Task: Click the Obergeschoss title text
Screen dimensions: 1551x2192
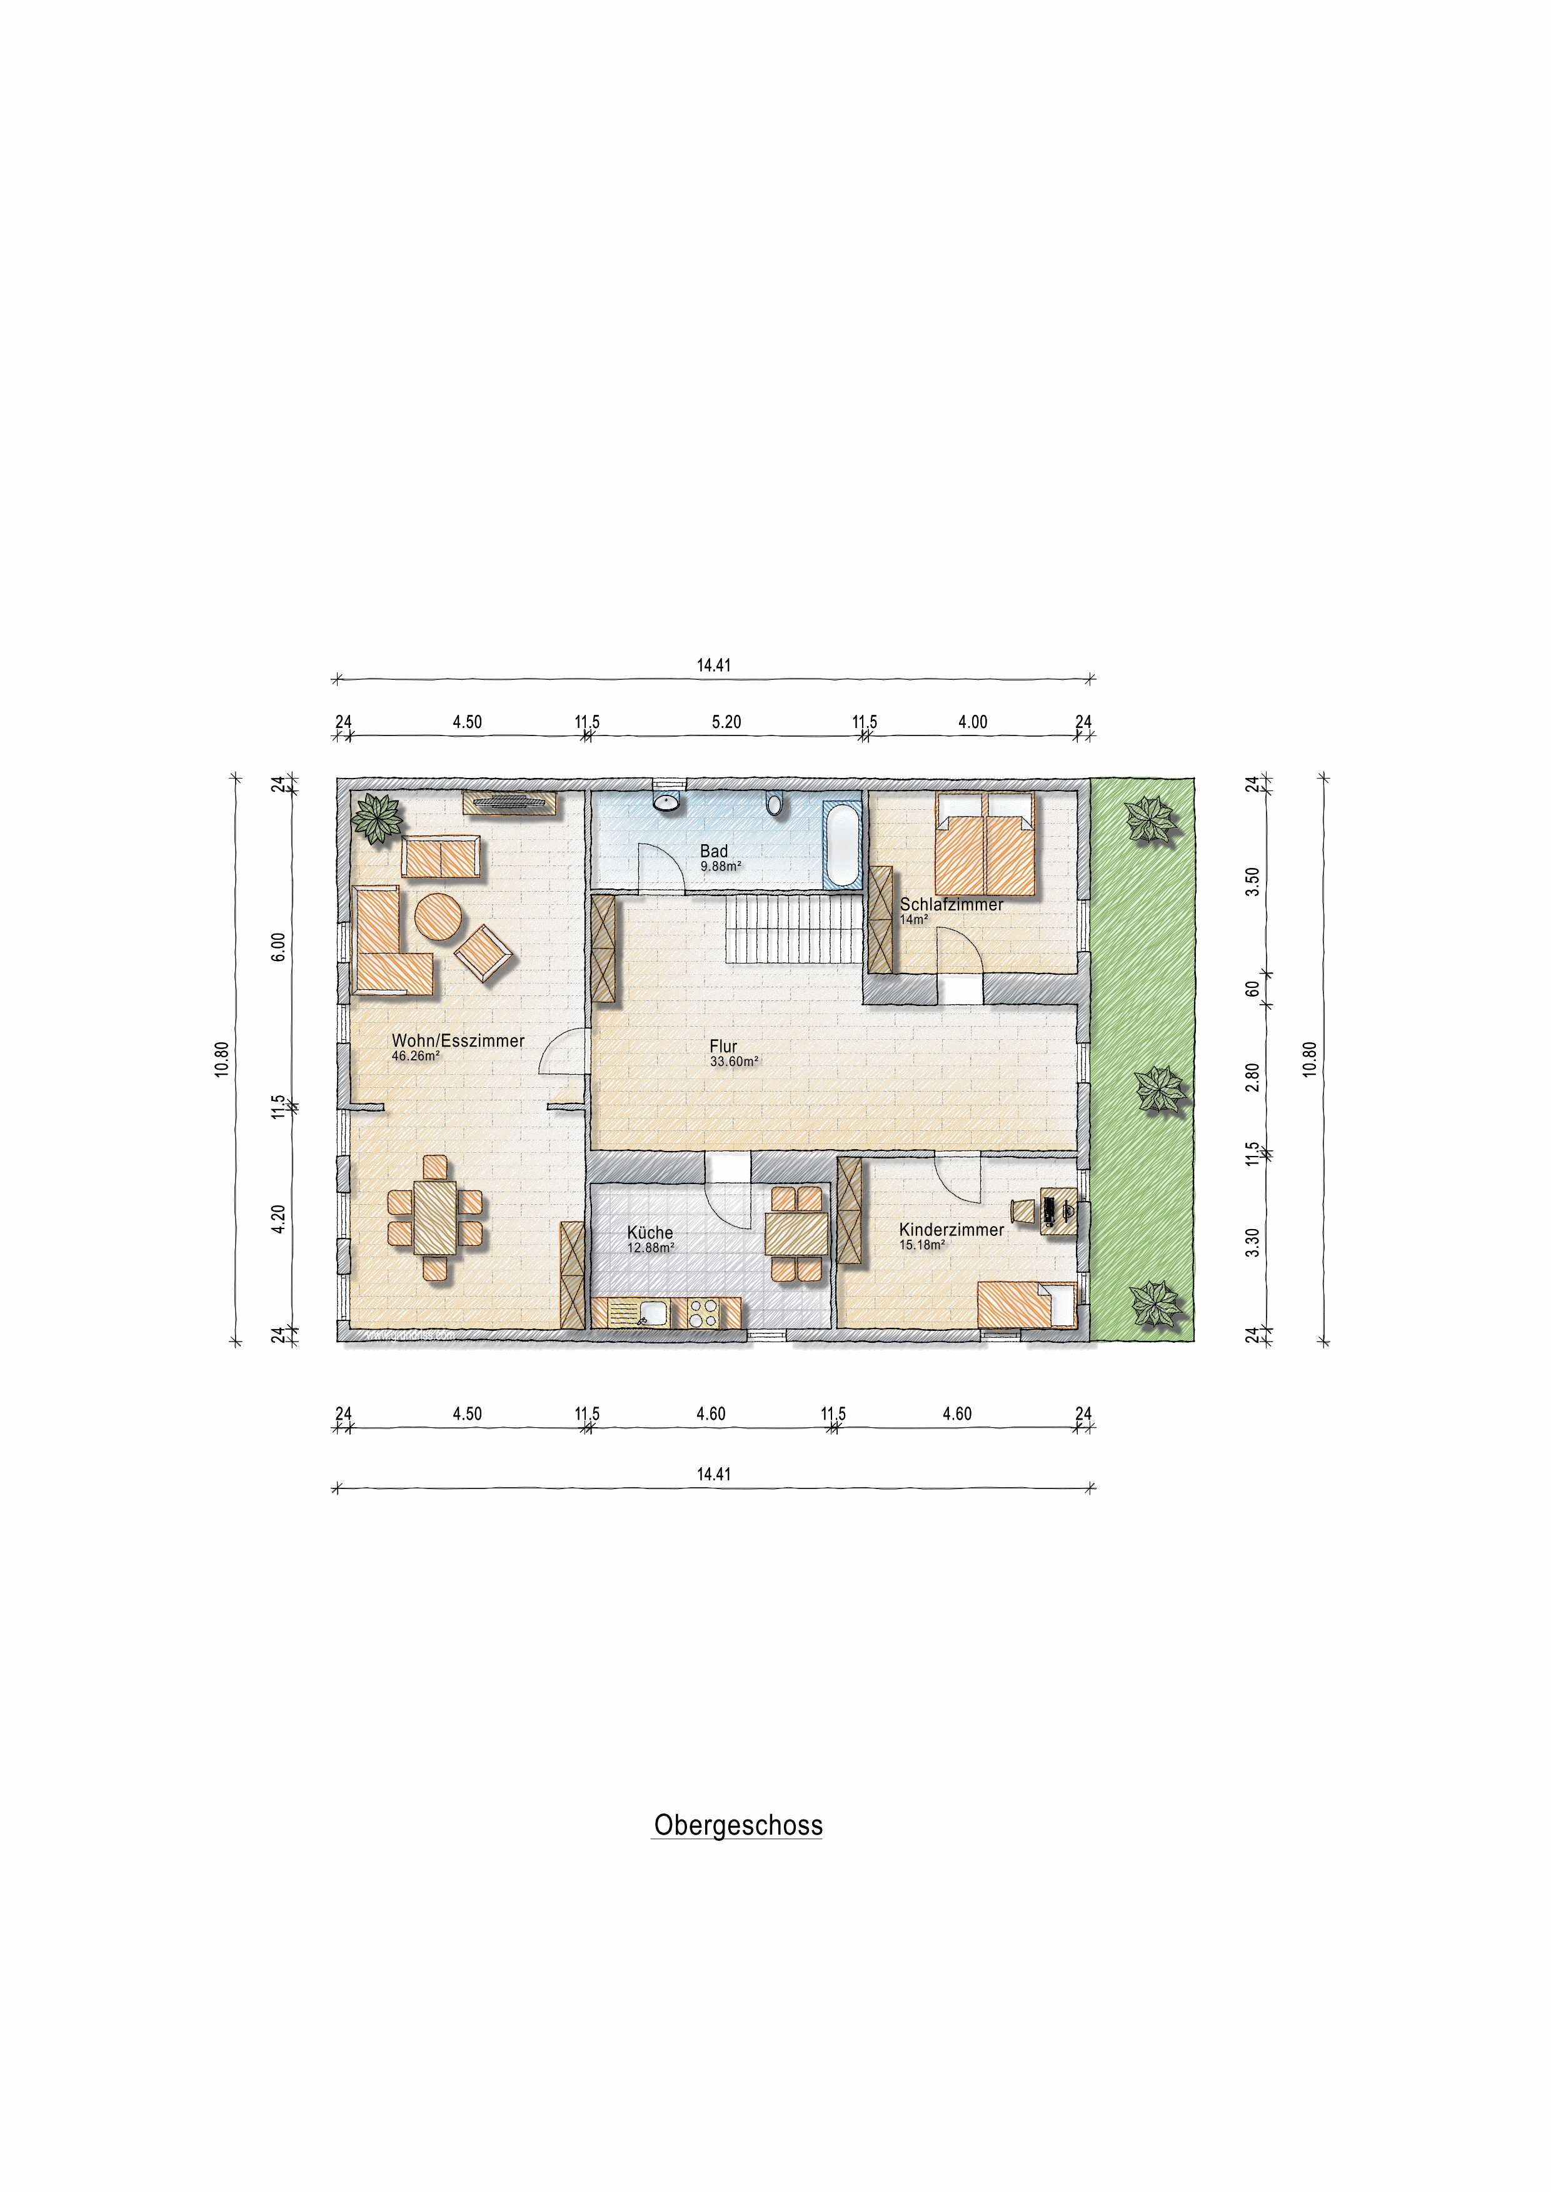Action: click(737, 1825)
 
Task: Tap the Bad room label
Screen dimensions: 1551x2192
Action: click(713, 850)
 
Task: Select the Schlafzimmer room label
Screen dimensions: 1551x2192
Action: click(951, 904)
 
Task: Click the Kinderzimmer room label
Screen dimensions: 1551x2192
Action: click(951, 1230)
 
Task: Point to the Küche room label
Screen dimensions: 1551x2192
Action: click(650, 1232)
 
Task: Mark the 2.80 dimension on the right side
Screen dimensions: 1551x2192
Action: click(1252, 1077)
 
